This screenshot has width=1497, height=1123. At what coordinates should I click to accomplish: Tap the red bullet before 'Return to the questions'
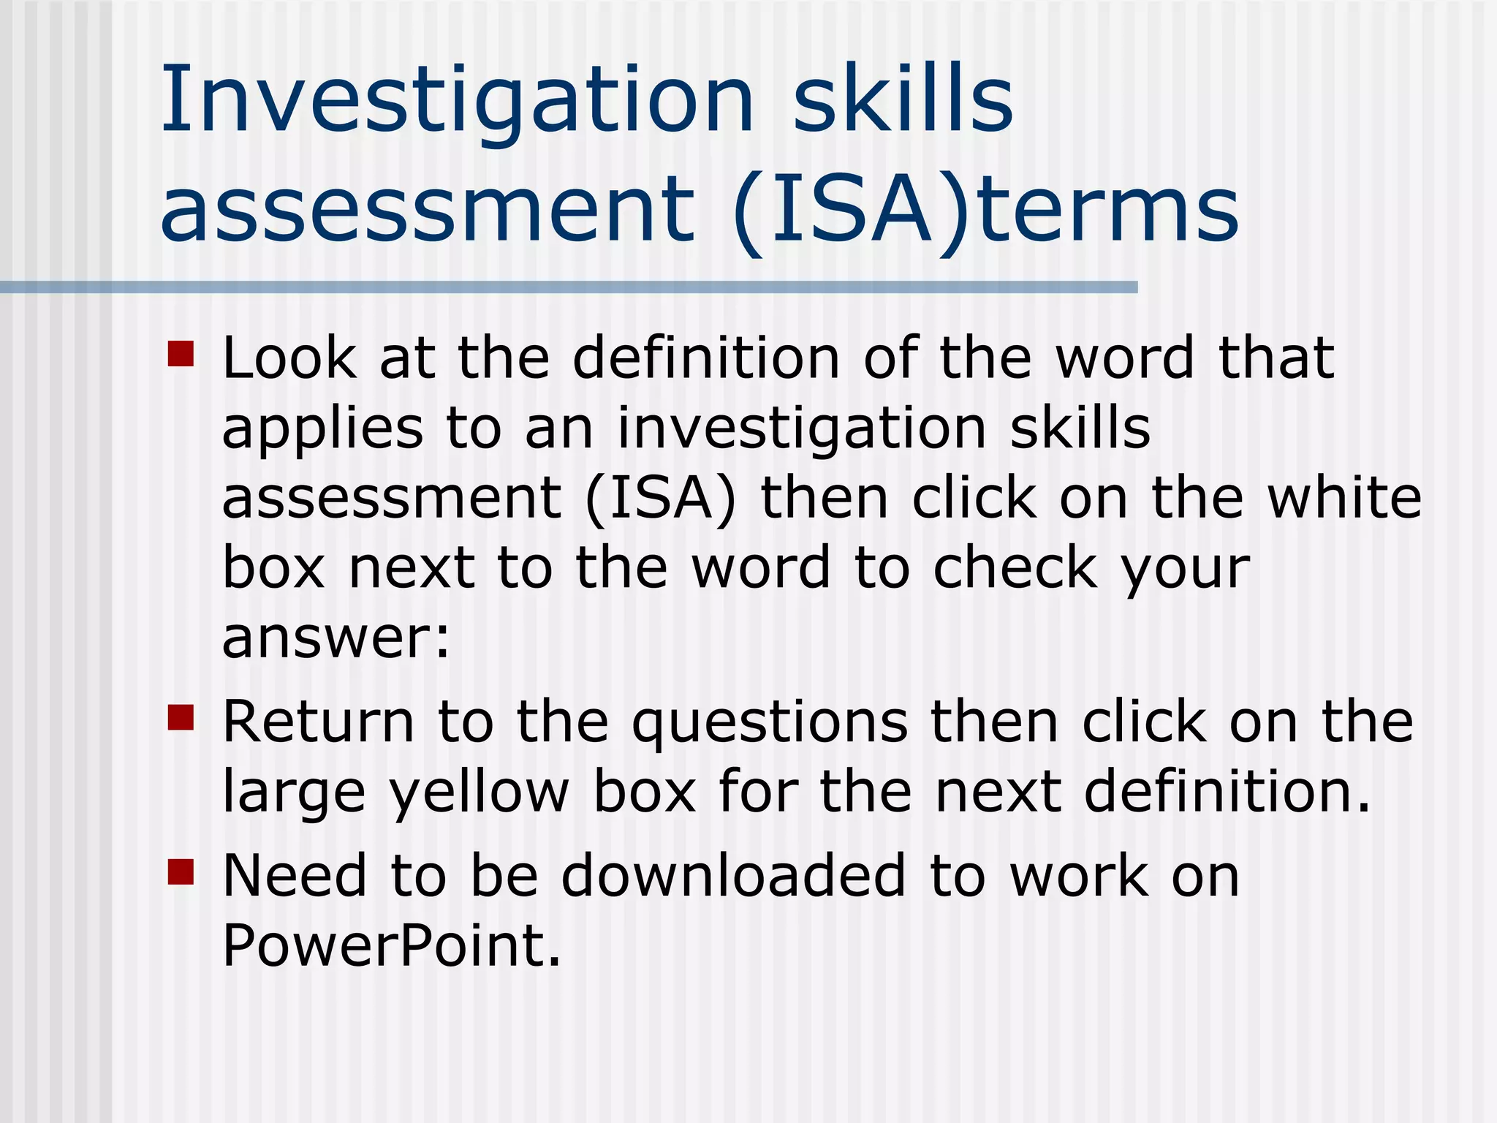point(181,717)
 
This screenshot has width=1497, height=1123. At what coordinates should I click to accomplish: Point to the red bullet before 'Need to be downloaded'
point(181,871)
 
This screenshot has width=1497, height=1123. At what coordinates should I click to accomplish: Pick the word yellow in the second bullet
point(479,793)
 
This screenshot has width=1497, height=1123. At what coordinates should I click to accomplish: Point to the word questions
point(770,724)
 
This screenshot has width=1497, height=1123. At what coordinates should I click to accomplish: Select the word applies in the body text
point(322,430)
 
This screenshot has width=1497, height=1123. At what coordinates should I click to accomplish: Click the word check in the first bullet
point(1015,568)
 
